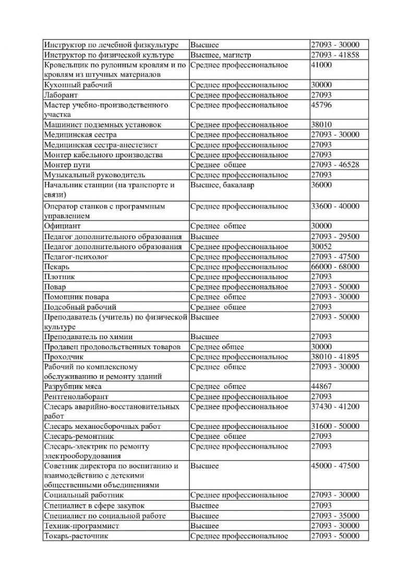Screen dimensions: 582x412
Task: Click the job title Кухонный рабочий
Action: coord(78,85)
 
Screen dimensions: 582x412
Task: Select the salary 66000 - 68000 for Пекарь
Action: coord(335,267)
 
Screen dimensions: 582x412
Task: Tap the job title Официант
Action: coord(62,226)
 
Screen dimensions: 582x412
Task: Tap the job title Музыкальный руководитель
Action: coord(94,175)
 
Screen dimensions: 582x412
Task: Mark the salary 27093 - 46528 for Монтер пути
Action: coord(335,165)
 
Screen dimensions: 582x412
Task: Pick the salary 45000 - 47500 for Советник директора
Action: coord(335,466)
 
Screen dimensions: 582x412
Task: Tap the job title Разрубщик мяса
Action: coord(72,387)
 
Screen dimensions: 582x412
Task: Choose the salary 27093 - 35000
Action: coord(335,516)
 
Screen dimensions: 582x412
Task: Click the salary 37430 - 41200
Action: coord(335,406)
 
